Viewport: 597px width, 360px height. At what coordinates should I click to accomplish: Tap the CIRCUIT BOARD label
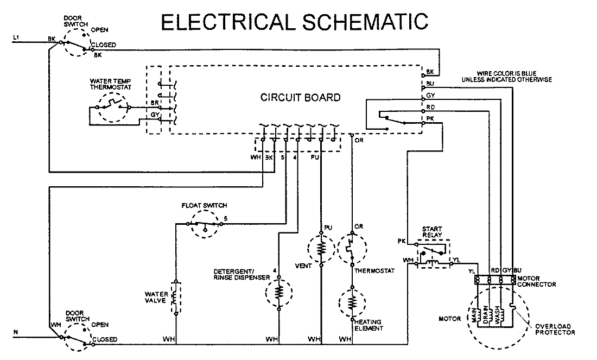(300, 98)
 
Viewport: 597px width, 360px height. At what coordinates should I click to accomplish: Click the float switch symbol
(205, 223)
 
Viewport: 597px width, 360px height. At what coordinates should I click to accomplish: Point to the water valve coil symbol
(175, 297)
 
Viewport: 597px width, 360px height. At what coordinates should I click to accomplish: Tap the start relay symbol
(432, 252)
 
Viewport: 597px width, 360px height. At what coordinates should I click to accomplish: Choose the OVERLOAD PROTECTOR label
(555, 329)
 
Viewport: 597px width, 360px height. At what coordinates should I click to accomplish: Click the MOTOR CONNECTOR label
(536, 281)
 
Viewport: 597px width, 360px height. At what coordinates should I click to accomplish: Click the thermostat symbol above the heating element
(352, 249)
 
